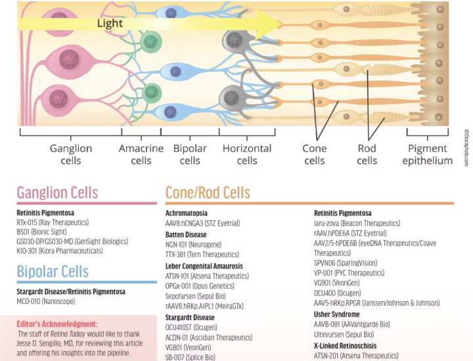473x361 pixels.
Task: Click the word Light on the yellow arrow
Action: click(110, 23)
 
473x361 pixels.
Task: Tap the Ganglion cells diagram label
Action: click(71, 154)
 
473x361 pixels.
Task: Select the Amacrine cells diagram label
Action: click(141, 154)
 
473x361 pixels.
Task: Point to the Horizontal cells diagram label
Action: click(247, 154)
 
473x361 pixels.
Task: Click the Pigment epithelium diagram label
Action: click(428, 154)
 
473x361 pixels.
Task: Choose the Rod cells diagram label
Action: click(367, 154)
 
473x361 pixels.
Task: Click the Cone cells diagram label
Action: click(314, 154)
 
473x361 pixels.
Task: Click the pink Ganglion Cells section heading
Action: click(57, 192)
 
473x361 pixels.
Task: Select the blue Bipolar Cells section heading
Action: click(53, 271)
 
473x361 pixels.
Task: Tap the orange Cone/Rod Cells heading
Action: click(208, 192)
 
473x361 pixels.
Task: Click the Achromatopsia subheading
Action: click(187, 213)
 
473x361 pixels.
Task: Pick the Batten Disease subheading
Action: click(186, 234)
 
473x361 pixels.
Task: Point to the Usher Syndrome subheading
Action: click(336, 314)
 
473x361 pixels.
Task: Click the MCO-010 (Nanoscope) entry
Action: click(46, 301)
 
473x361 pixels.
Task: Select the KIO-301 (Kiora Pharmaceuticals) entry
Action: click(60, 251)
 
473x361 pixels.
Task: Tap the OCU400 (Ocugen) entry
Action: click(337, 293)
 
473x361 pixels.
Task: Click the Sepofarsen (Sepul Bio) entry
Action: click(196, 296)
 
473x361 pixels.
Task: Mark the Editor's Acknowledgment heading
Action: click(57, 324)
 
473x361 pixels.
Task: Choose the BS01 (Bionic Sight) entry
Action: click(41, 232)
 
